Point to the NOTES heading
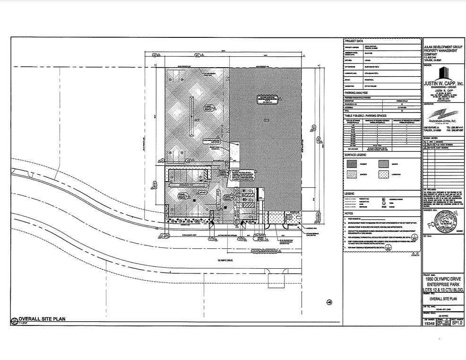[x=349, y=213]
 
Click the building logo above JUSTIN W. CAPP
[x=443, y=74]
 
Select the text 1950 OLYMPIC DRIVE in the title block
[x=442, y=279]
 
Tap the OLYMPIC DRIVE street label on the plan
[x=226, y=260]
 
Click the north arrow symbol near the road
[x=329, y=303]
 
